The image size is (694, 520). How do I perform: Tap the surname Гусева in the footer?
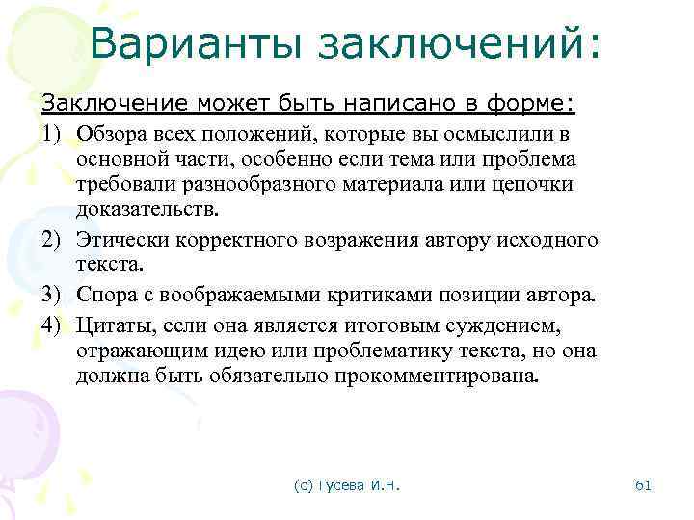[339, 485]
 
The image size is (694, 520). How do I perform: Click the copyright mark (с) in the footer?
[303, 485]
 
